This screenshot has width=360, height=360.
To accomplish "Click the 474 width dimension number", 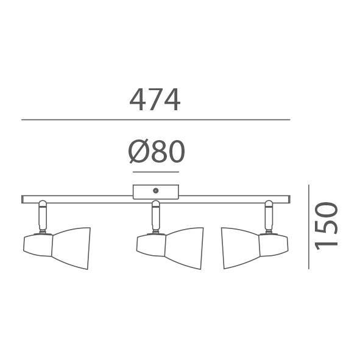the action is click(x=155, y=100).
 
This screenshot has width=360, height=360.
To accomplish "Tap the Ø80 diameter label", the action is click(x=157, y=152).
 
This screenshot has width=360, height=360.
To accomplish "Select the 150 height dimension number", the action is click(x=326, y=226).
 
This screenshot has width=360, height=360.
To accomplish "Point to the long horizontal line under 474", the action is click(x=156, y=119).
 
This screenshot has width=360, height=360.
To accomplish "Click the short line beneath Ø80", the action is click(x=156, y=172).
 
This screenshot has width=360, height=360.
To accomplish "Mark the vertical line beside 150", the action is click(x=309, y=227).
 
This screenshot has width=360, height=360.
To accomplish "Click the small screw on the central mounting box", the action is click(x=156, y=190).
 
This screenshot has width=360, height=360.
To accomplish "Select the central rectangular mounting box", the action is click(x=156, y=192).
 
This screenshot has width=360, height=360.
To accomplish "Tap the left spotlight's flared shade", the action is click(x=71, y=248).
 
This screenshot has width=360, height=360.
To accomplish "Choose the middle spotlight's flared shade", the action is click(x=184, y=248).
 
